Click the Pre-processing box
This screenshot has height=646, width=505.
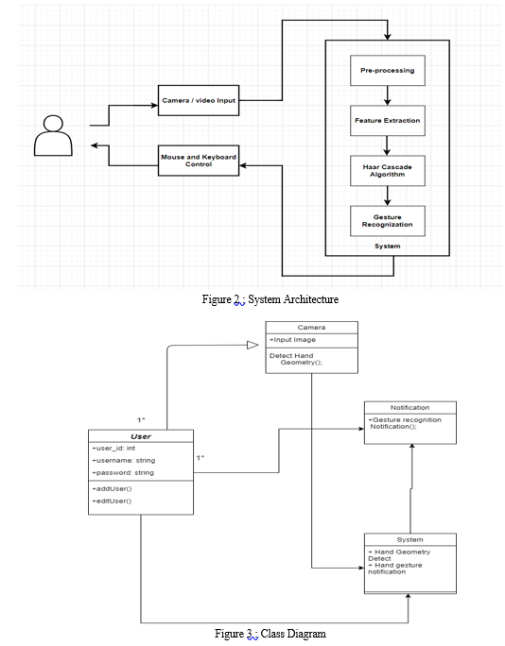[388, 71]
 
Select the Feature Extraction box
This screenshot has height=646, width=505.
[388, 121]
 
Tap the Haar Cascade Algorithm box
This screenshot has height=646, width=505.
[388, 171]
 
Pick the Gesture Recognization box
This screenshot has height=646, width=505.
[388, 221]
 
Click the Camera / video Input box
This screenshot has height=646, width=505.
[199, 100]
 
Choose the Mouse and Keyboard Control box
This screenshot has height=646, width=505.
[199, 161]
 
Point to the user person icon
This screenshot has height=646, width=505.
[53, 136]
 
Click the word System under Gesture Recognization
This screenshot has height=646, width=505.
[388, 246]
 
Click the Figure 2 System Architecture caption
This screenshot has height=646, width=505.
[270, 299]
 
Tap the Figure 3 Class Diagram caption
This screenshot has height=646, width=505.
[270, 634]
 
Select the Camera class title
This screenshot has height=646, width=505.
[311, 328]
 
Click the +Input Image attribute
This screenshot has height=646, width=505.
[292, 340]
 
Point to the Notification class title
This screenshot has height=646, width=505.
[410, 407]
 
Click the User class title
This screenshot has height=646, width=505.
[141, 436]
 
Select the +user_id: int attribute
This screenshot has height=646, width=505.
[113, 449]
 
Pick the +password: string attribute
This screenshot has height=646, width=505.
[123, 472]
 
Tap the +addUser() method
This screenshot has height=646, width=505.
[112, 489]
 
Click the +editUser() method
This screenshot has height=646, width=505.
[112, 501]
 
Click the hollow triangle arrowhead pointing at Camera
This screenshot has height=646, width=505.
[252, 346]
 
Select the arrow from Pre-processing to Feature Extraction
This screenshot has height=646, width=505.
[387, 95]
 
